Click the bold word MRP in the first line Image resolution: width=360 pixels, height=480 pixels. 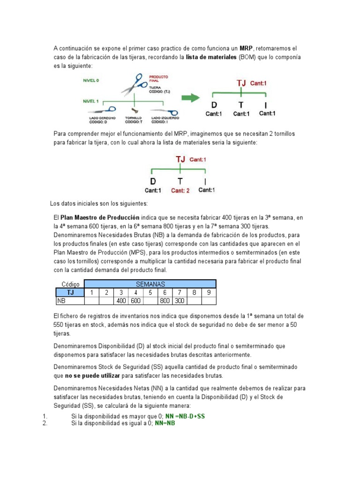[247, 48]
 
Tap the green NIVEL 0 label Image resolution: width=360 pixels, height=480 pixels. [91, 80]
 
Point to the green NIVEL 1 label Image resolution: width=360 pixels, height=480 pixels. [91, 100]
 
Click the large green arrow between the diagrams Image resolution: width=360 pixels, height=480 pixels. [190, 97]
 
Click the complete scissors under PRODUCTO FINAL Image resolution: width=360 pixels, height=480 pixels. [136, 84]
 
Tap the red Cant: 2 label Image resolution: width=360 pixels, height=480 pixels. [180, 190]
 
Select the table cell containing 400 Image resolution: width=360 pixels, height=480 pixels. [121, 301]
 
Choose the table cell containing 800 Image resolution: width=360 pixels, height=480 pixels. [165, 301]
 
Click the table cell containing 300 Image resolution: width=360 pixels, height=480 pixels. [179, 301]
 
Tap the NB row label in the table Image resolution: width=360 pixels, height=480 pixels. [61, 301]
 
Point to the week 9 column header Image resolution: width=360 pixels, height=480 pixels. [209, 292]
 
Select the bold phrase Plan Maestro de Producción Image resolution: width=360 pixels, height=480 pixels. [100, 217]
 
